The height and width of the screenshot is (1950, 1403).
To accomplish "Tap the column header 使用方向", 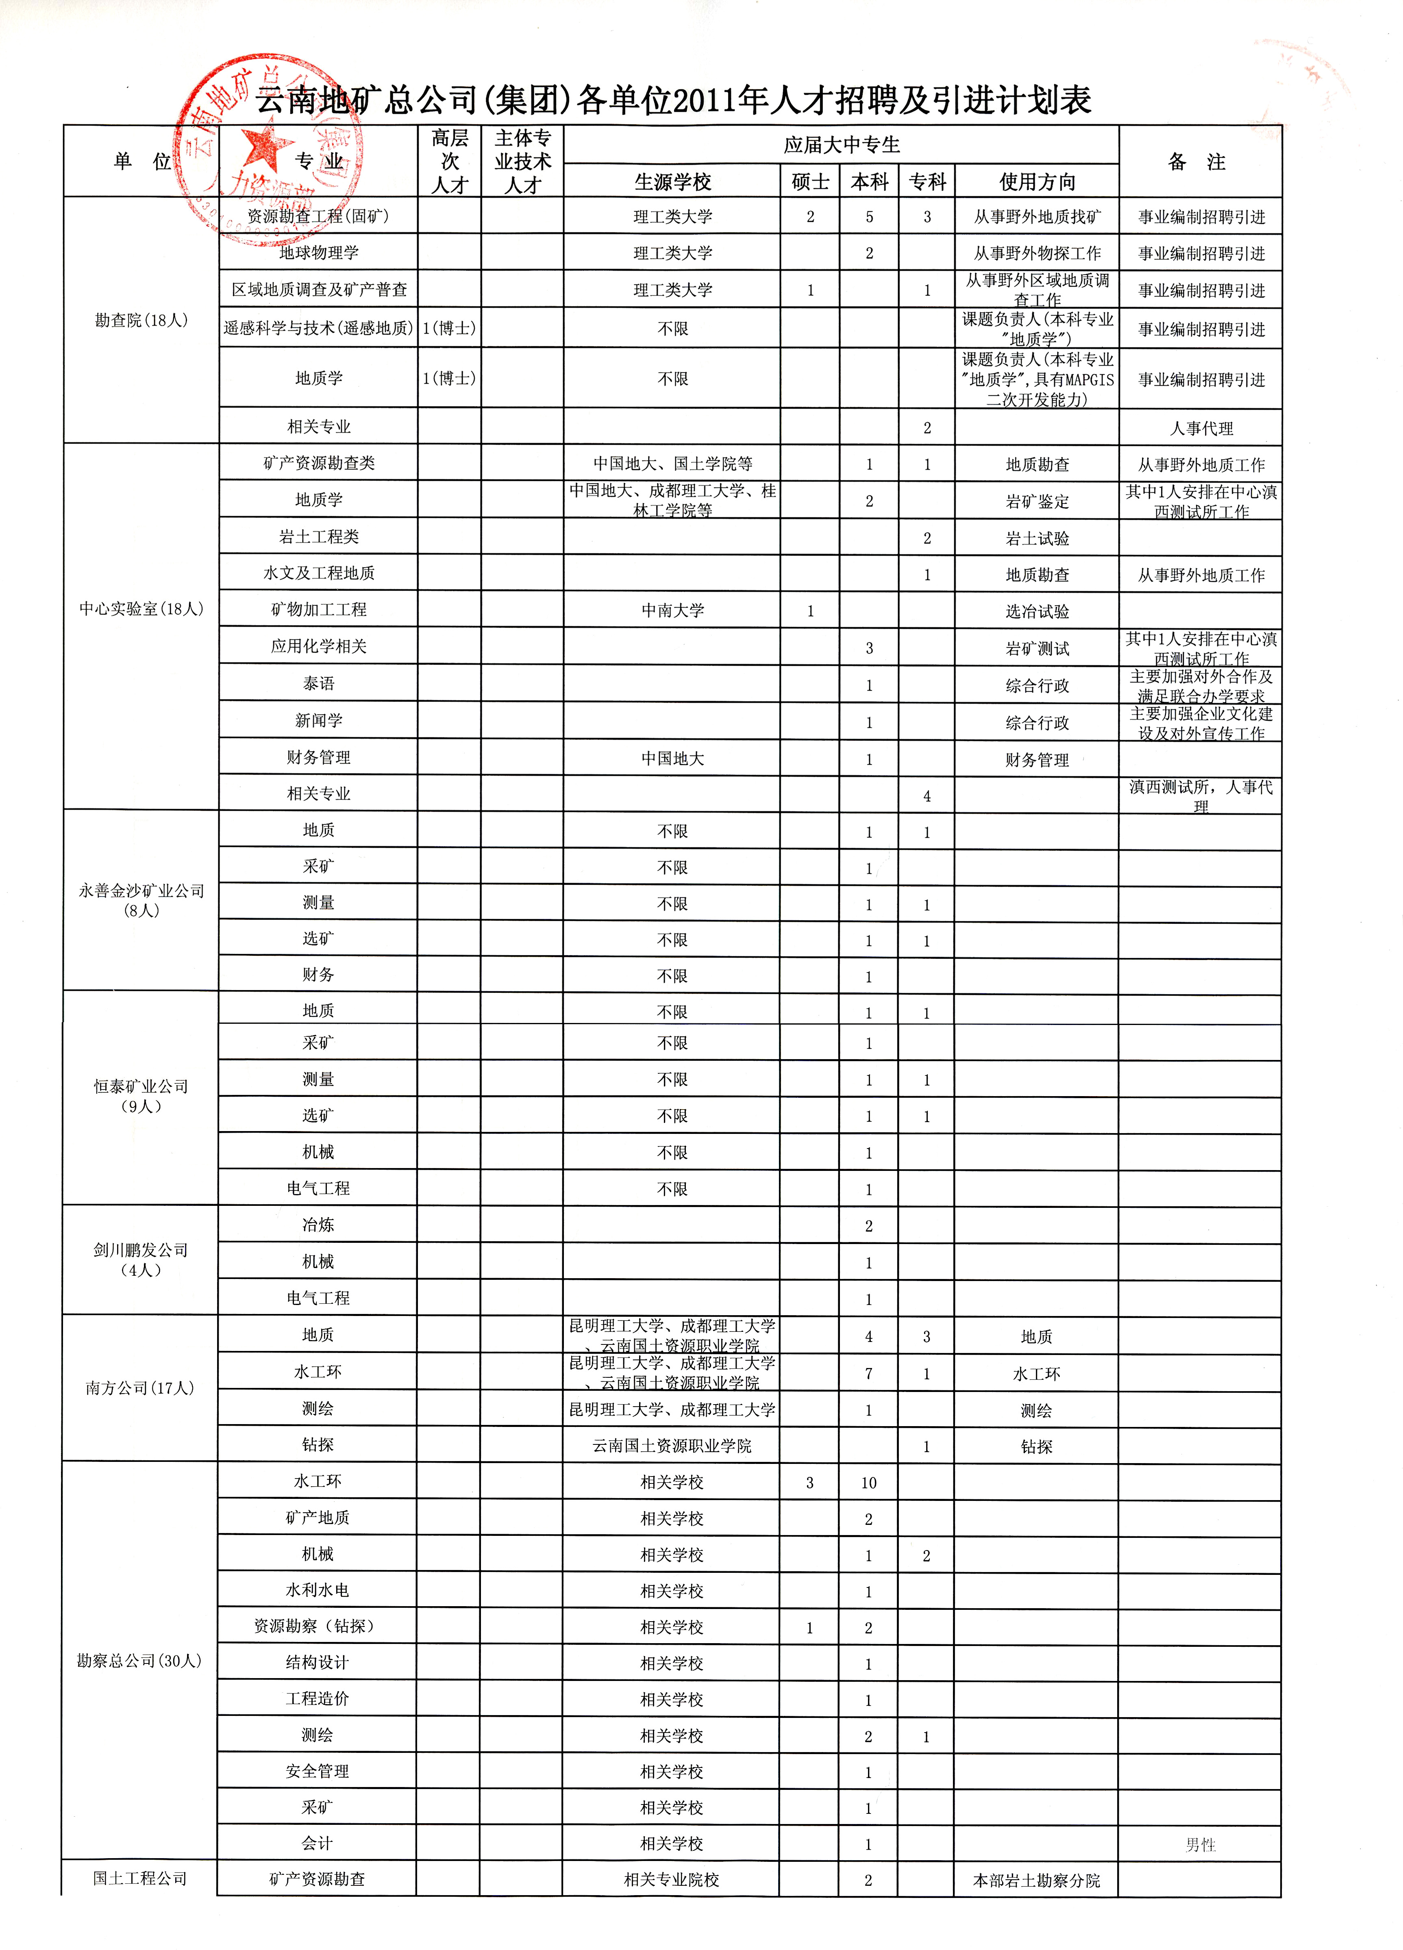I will [x=1037, y=181].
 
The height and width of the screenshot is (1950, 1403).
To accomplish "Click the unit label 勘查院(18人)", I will [x=141, y=321].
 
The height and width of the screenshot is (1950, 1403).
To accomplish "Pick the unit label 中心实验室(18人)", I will [x=141, y=609].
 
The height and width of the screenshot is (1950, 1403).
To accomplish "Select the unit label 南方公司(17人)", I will [x=139, y=1388].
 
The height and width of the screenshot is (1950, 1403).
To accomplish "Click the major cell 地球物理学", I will [x=318, y=253].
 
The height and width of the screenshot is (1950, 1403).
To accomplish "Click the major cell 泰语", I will [x=318, y=684].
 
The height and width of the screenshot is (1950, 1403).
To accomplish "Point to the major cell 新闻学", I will [x=318, y=721].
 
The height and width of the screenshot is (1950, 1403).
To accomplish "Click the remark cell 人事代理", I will [x=1201, y=428].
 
